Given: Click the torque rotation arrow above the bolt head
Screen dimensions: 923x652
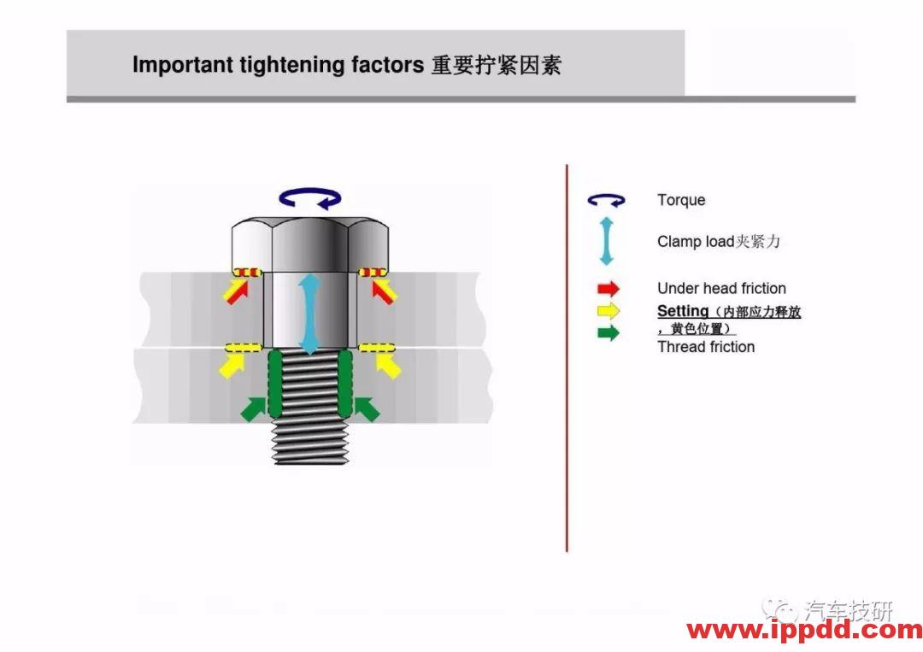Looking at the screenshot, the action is pos(310,198).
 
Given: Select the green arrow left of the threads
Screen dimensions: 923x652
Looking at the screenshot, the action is pos(254,409).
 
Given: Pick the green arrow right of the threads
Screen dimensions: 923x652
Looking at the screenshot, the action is pos(366,409).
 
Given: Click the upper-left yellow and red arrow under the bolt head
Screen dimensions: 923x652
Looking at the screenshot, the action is pos(236,291).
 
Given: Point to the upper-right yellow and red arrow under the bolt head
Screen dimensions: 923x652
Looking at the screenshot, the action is pos(385,291).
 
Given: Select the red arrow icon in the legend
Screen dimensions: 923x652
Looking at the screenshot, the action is pos(608,288).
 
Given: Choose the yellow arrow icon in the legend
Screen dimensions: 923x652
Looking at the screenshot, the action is pos(608,311).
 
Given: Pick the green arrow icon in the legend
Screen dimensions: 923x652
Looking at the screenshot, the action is pos(608,333).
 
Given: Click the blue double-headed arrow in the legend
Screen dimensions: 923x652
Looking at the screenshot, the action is pos(606,241).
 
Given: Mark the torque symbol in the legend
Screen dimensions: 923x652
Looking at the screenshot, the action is pos(606,201).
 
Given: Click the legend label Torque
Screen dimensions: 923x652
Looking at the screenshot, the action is pos(681,200).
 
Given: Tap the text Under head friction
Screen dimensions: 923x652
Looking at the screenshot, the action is pos(721,288).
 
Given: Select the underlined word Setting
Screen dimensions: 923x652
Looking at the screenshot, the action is pos(683,311).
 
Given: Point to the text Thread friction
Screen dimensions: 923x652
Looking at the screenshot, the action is pos(706,347).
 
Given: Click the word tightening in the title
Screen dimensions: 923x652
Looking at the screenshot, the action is pos(292,65).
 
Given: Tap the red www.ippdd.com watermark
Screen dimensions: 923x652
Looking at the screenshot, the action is pos(804,631).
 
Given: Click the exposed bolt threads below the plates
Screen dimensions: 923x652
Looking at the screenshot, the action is pos(309,443).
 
